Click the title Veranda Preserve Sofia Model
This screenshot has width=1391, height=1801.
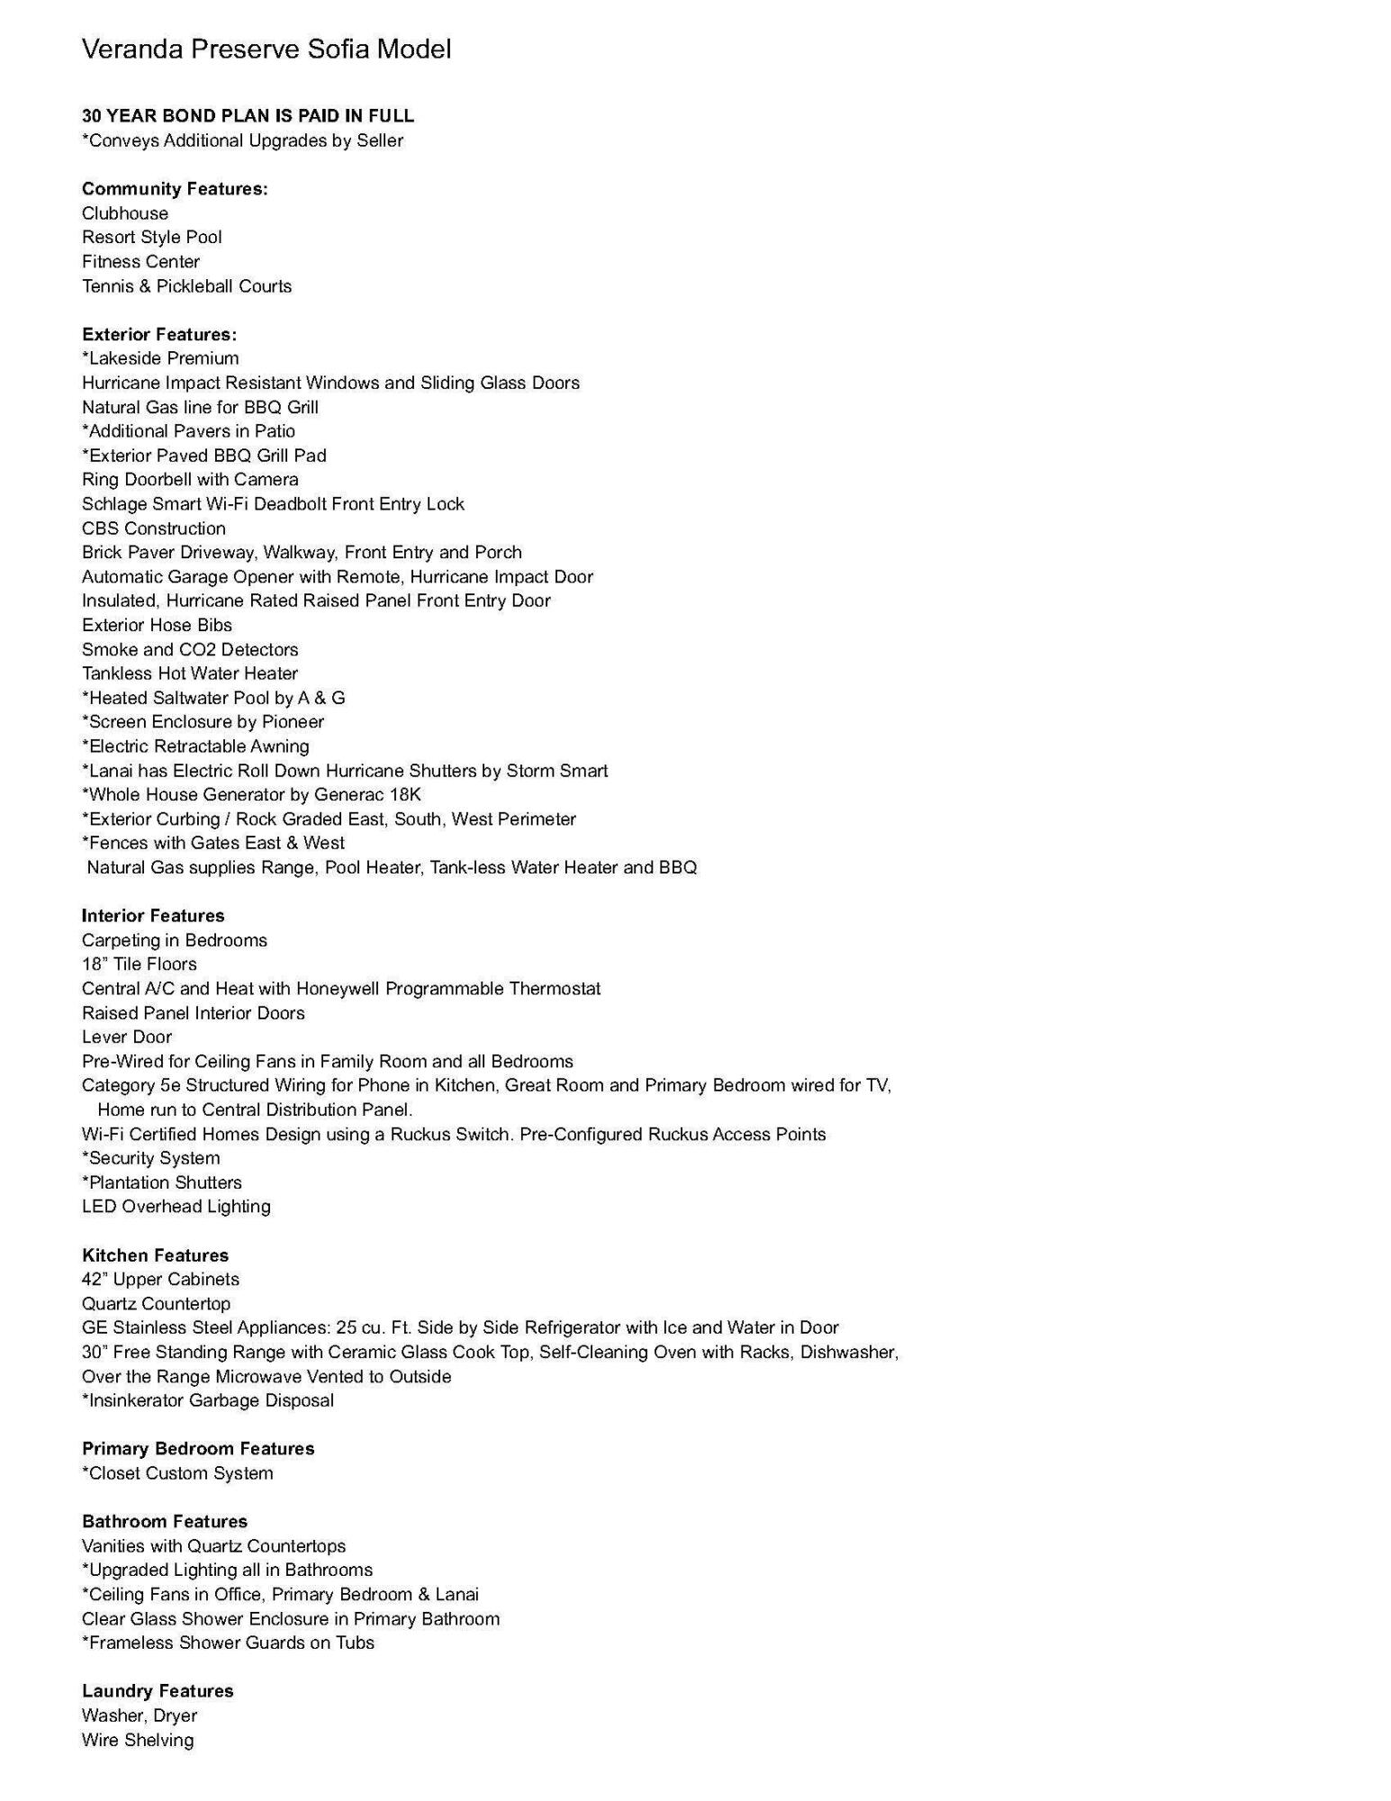(266, 49)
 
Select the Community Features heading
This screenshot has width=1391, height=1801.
(175, 189)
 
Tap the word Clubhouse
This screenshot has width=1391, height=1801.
(125, 213)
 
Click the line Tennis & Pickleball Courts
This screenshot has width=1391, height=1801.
(186, 286)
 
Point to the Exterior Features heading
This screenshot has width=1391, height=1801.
(159, 335)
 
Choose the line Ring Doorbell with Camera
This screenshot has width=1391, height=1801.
(190, 480)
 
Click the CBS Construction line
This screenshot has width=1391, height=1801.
(154, 529)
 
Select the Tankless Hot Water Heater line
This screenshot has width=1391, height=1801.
(190, 674)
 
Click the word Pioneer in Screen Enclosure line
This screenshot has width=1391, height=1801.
(293, 722)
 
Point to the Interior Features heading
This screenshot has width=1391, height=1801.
(153, 916)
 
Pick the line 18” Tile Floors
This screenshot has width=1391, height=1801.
(140, 964)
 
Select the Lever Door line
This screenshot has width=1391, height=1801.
(127, 1037)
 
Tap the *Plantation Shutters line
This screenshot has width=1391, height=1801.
(162, 1182)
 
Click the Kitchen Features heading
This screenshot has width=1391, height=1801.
(155, 1255)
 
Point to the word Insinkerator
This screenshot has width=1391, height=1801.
(135, 1400)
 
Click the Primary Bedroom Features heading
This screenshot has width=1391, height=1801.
(198, 1449)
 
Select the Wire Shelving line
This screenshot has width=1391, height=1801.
(138, 1741)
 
